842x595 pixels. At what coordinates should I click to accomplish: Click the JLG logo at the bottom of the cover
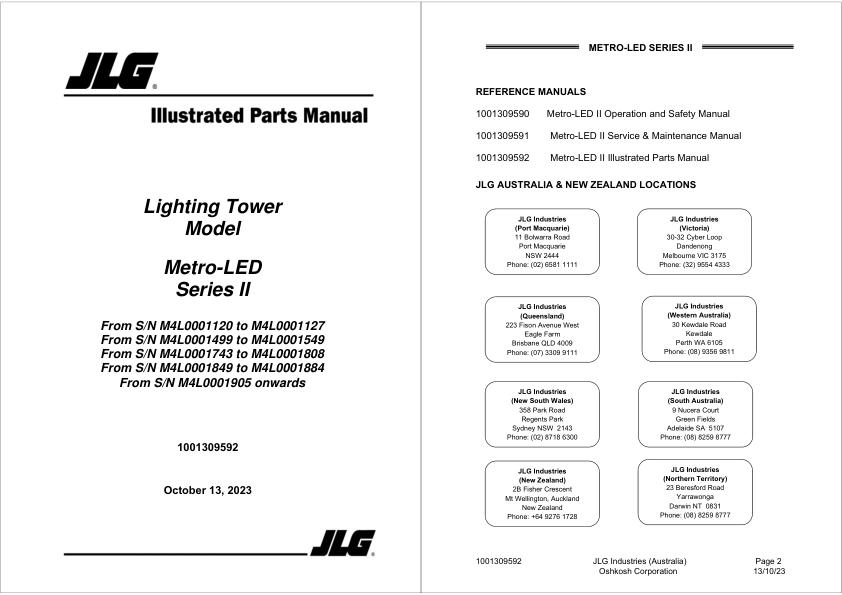click(342, 543)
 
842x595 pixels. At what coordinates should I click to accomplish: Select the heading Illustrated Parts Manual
click(259, 116)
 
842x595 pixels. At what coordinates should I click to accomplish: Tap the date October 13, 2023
click(208, 490)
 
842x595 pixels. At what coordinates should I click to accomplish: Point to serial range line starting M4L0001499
click(213, 340)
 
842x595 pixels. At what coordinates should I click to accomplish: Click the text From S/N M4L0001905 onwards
click(212, 382)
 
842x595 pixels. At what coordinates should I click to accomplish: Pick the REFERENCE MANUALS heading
click(530, 92)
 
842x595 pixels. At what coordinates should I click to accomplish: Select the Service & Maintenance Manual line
click(645, 136)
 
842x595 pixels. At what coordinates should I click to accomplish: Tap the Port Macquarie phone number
click(542, 265)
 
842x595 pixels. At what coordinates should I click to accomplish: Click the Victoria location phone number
click(694, 265)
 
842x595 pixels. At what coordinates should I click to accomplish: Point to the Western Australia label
click(698, 315)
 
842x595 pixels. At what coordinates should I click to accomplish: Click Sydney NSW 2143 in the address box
click(542, 428)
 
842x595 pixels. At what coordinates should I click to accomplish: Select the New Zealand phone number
click(542, 517)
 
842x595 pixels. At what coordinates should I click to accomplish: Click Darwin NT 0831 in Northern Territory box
click(694, 506)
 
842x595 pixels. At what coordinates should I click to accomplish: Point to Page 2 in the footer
click(768, 561)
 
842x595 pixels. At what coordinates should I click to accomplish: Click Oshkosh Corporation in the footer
click(638, 572)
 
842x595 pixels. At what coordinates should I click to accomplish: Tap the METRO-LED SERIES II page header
click(640, 47)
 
